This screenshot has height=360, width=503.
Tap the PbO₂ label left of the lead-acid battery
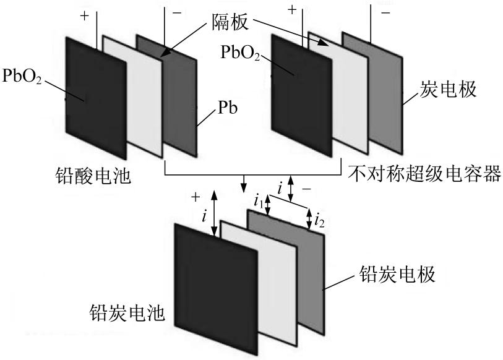21,79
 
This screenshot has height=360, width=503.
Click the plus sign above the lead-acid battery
84,16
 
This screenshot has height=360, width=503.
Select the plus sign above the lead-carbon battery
196,197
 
